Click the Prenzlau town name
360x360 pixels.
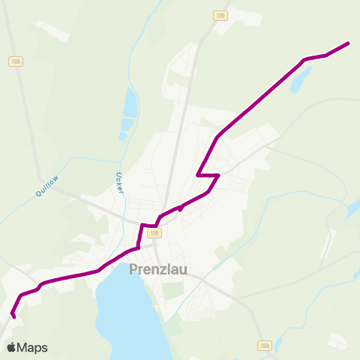click(160, 269)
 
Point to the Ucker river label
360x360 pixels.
click(118, 184)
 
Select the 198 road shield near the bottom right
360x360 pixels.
click(264, 346)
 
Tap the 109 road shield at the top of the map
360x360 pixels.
click(219, 15)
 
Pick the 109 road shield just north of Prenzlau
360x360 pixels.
click(154, 233)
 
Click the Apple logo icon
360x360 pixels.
click(11, 347)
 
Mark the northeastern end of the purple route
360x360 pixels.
click(349, 43)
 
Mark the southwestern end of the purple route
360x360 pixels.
click(14, 316)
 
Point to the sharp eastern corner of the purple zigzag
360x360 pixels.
click(217, 176)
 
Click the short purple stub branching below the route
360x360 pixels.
click(181, 209)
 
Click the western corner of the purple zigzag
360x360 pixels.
click(197, 175)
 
